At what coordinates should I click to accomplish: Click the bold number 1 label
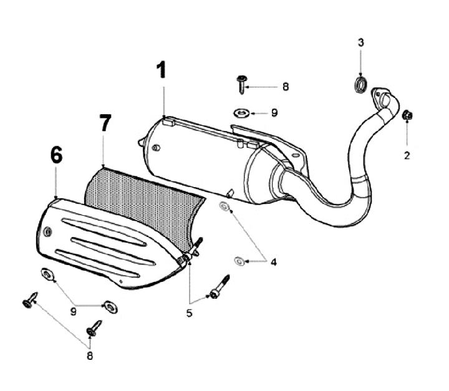pyautogui.click(x=162, y=70)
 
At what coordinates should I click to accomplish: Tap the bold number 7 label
pyautogui.click(x=104, y=123)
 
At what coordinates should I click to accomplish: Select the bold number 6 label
pyautogui.click(x=56, y=155)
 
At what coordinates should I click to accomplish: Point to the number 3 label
pyautogui.click(x=360, y=42)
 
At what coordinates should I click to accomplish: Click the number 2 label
pyautogui.click(x=407, y=155)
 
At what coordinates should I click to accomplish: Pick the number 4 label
pyautogui.click(x=273, y=261)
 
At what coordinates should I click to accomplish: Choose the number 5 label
pyautogui.click(x=190, y=313)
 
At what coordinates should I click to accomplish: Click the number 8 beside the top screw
pyautogui.click(x=286, y=87)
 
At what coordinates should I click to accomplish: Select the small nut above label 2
pyautogui.click(x=407, y=115)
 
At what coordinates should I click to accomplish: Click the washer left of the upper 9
pyautogui.click(x=241, y=112)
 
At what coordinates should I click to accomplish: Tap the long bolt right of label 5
pyautogui.click(x=220, y=286)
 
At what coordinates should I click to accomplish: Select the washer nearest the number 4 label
pyautogui.click(x=239, y=260)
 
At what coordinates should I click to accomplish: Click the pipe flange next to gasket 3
pyautogui.click(x=382, y=99)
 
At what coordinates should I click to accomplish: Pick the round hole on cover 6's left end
pyautogui.click(x=47, y=231)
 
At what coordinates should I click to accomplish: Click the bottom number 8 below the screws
pyautogui.click(x=90, y=355)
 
